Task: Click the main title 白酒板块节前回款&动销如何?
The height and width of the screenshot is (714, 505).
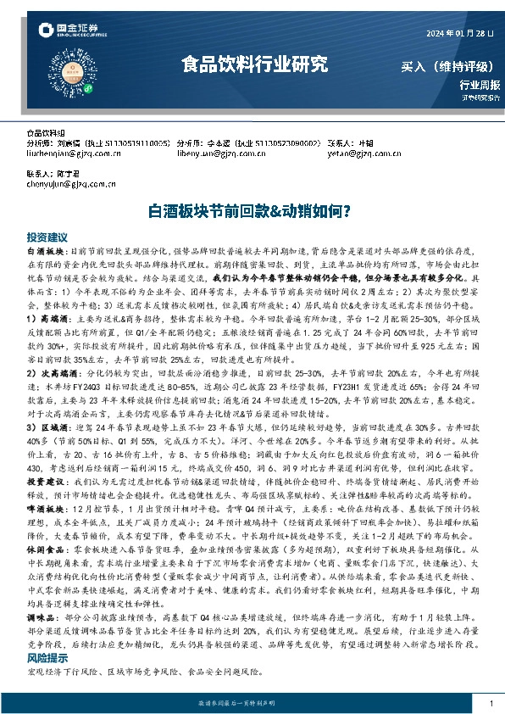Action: [252, 209]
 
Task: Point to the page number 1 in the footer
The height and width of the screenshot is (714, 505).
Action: [491, 704]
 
